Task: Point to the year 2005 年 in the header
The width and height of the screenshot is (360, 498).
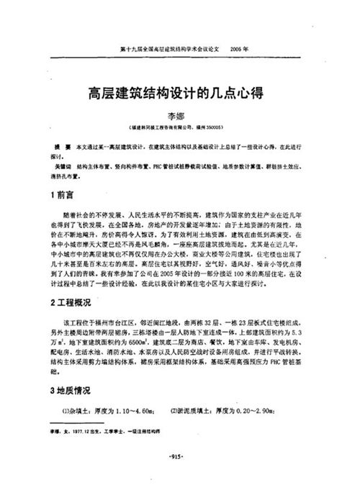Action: (238, 51)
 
